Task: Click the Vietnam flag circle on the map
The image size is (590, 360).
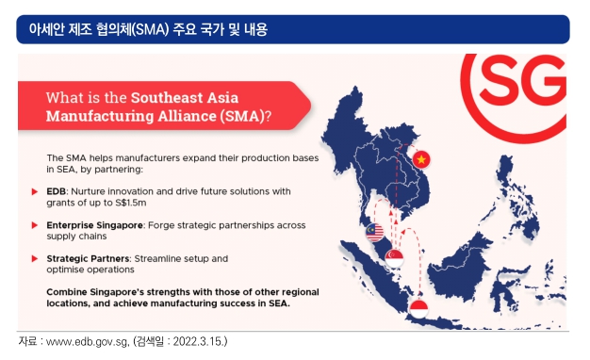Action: tap(421, 159)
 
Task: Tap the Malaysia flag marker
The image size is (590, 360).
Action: tap(374, 232)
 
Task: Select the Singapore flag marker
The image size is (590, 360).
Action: tap(394, 258)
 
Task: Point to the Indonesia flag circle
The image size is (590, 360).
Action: tap(418, 309)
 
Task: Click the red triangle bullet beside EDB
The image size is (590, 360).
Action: tap(35, 192)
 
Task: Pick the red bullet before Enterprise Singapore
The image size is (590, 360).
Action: tap(35, 225)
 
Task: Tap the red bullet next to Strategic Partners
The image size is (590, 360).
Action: tap(35, 259)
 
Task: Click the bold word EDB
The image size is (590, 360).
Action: tap(56, 191)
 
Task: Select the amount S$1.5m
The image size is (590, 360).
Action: tap(131, 203)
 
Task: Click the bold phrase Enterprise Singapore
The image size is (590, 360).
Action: tap(94, 225)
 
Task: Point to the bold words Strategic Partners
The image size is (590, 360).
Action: tap(88, 259)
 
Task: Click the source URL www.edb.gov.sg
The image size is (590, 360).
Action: tap(87, 341)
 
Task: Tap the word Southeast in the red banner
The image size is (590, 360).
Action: tap(167, 98)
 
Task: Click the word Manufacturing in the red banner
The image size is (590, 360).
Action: tap(100, 116)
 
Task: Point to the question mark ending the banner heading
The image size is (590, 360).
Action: tap(268, 116)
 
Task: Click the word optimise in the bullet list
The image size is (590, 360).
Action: tap(63, 270)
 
